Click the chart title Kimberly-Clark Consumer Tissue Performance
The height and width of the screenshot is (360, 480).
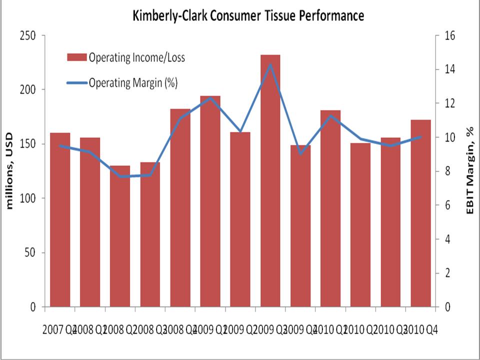coord(248,15)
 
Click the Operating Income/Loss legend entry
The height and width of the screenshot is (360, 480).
coord(136,57)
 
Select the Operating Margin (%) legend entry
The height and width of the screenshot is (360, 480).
coord(133,82)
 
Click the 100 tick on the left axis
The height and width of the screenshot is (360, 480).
coord(27,198)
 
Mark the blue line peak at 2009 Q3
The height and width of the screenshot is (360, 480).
coord(270,64)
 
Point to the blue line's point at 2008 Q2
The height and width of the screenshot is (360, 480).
coord(120,176)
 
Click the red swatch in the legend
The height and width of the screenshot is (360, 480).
coord(77,57)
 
